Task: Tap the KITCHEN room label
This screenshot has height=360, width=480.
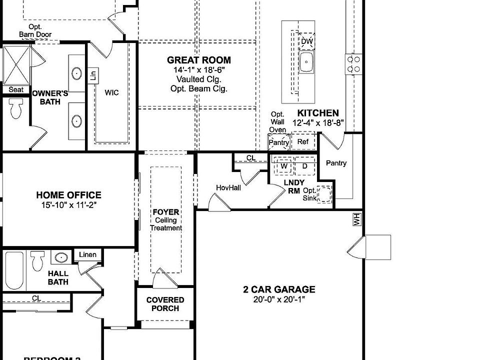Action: [318, 113]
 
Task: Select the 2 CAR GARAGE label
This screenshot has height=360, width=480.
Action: [279, 289]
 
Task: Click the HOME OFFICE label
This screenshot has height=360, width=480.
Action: [68, 195]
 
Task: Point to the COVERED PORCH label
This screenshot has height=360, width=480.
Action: [165, 304]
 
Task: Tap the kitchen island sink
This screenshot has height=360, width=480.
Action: [306, 63]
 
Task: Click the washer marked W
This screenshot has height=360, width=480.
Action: [284, 166]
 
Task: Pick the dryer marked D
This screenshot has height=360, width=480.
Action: [304, 166]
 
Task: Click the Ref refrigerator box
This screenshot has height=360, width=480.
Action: [303, 142]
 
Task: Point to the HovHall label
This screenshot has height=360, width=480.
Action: [228, 187]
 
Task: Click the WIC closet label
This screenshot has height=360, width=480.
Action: [111, 93]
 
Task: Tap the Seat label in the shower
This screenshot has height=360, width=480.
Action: [16, 89]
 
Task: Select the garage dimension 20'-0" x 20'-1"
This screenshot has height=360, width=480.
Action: [279, 299]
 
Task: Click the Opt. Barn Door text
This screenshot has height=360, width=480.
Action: [35, 30]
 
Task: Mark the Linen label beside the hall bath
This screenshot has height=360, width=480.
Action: [87, 255]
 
